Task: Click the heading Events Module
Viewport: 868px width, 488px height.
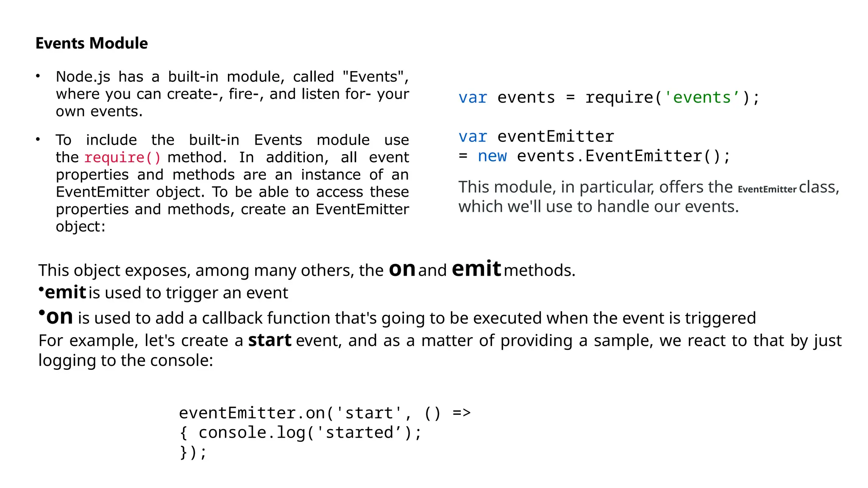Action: click(x=92, y=43)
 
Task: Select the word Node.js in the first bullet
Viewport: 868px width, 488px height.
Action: click(x=83, y=77)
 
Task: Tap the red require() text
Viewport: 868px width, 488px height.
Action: click(x=122, y=158)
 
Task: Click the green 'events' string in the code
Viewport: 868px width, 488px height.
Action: click(x=702, y=97)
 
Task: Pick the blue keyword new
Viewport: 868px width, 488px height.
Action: click(x=492, y=156)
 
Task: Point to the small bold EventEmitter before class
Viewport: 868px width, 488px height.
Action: click(x=767, y=189)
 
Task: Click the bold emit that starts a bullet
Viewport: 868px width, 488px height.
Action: click(x=66, y=292)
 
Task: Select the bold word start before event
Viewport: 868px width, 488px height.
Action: click(x=270, y=340)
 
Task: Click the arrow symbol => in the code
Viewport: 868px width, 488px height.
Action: click(x=462, y=413)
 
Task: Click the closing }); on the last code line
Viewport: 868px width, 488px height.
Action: click(x=193, y=452)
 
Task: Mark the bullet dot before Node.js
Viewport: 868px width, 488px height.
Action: click(x=38, y=76)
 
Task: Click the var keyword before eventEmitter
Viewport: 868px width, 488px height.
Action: click(x=473, y=137)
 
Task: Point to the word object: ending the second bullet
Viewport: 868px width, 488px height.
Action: click(x=81, y=227)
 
